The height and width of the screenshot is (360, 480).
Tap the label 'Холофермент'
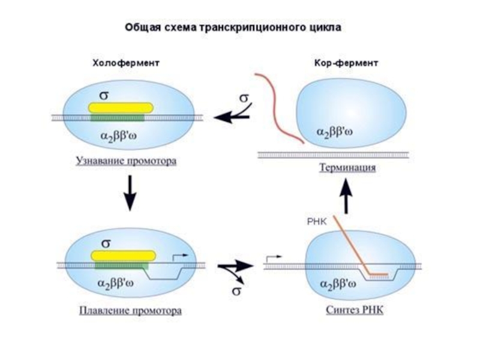[125, 63]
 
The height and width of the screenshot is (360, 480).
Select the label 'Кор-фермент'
[346, 63]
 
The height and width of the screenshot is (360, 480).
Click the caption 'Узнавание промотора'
[126, 161]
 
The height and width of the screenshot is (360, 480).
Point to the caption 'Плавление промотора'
[130, 311]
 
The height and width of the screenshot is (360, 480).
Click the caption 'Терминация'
[347, 167]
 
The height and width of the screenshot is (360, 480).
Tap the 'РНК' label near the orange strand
[316, 221]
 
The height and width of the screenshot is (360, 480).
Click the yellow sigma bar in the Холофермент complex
[121, 107]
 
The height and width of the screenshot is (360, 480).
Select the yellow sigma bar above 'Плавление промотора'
[123, 255]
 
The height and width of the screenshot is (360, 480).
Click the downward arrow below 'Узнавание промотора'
[130, 193]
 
